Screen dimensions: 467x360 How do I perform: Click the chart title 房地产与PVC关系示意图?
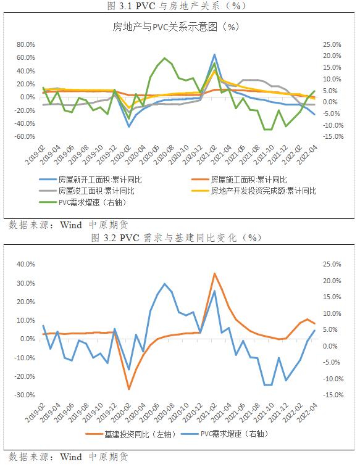point(175,27)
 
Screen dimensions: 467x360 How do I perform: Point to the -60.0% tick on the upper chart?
point(27,136)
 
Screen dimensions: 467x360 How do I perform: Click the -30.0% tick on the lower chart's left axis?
point(27,395)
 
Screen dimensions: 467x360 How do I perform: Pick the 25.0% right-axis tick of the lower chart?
point(332,264)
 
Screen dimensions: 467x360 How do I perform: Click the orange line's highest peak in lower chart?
point(214,273)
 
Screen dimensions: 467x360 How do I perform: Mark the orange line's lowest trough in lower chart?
point(129,389)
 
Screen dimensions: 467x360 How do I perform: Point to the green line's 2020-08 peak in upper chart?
point(164,58)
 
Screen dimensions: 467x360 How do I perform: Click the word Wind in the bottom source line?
point(71,457)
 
